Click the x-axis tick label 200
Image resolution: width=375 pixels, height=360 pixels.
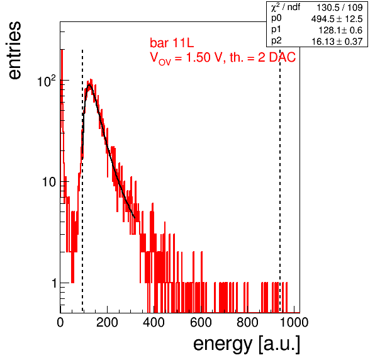107,322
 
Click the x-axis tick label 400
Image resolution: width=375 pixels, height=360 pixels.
154,322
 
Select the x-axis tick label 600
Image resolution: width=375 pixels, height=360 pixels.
201,322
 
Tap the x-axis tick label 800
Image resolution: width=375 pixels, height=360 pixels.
247,322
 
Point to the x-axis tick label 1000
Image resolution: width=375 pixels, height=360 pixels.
294,322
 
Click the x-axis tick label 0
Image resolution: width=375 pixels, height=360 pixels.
60,322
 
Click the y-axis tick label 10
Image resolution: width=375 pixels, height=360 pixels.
49,182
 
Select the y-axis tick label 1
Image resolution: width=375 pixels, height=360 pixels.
54,283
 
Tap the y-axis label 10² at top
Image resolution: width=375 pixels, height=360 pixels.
47,81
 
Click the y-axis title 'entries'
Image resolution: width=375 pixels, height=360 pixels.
15,50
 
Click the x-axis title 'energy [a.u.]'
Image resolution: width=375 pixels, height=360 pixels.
247,344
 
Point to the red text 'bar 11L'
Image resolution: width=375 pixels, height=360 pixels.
172,43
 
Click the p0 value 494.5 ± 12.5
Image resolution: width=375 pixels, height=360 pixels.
337,19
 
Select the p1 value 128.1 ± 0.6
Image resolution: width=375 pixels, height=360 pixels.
340,30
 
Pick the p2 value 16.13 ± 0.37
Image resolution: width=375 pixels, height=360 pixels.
337,42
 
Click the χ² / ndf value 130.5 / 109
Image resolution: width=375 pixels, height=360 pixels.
340,8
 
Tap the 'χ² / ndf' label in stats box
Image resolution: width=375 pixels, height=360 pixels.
286,8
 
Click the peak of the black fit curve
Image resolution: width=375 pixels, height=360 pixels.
89,85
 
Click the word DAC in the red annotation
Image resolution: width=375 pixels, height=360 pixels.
283,57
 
